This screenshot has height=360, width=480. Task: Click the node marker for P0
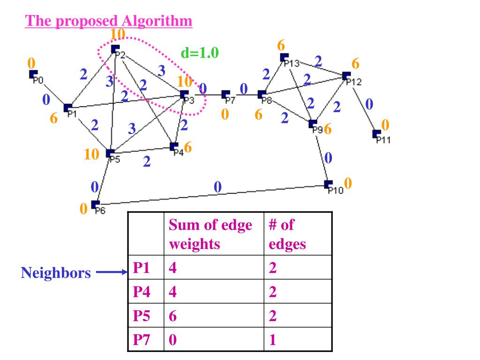pos(33,74)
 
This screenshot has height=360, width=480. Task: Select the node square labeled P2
pos(115,49)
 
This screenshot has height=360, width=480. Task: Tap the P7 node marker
pos(225,94)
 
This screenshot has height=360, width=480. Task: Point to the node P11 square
pos(376,134)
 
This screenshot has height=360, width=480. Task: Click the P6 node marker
pos(95,204)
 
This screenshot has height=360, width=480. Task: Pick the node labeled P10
pos(328,184)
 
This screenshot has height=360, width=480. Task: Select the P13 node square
pos(284,57)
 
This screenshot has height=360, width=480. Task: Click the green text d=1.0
pos(200,52)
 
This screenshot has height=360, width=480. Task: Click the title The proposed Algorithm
pos(109,21)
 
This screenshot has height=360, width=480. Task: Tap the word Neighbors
pos(56,272)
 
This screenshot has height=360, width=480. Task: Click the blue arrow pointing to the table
pos(112,272)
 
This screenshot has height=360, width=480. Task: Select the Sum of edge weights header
pos(210,234)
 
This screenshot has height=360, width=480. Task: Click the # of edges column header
pos(287,234)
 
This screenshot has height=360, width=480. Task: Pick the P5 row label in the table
pos(142,315)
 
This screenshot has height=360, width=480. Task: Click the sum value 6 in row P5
pos(172,315)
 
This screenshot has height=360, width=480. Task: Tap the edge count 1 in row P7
pos(272,340)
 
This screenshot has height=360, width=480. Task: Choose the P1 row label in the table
pos(142,268)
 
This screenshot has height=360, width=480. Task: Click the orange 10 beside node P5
pos(91,154)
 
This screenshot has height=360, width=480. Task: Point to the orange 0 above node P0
pos(31,63)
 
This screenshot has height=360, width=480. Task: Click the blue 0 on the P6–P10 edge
pos(217,187)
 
